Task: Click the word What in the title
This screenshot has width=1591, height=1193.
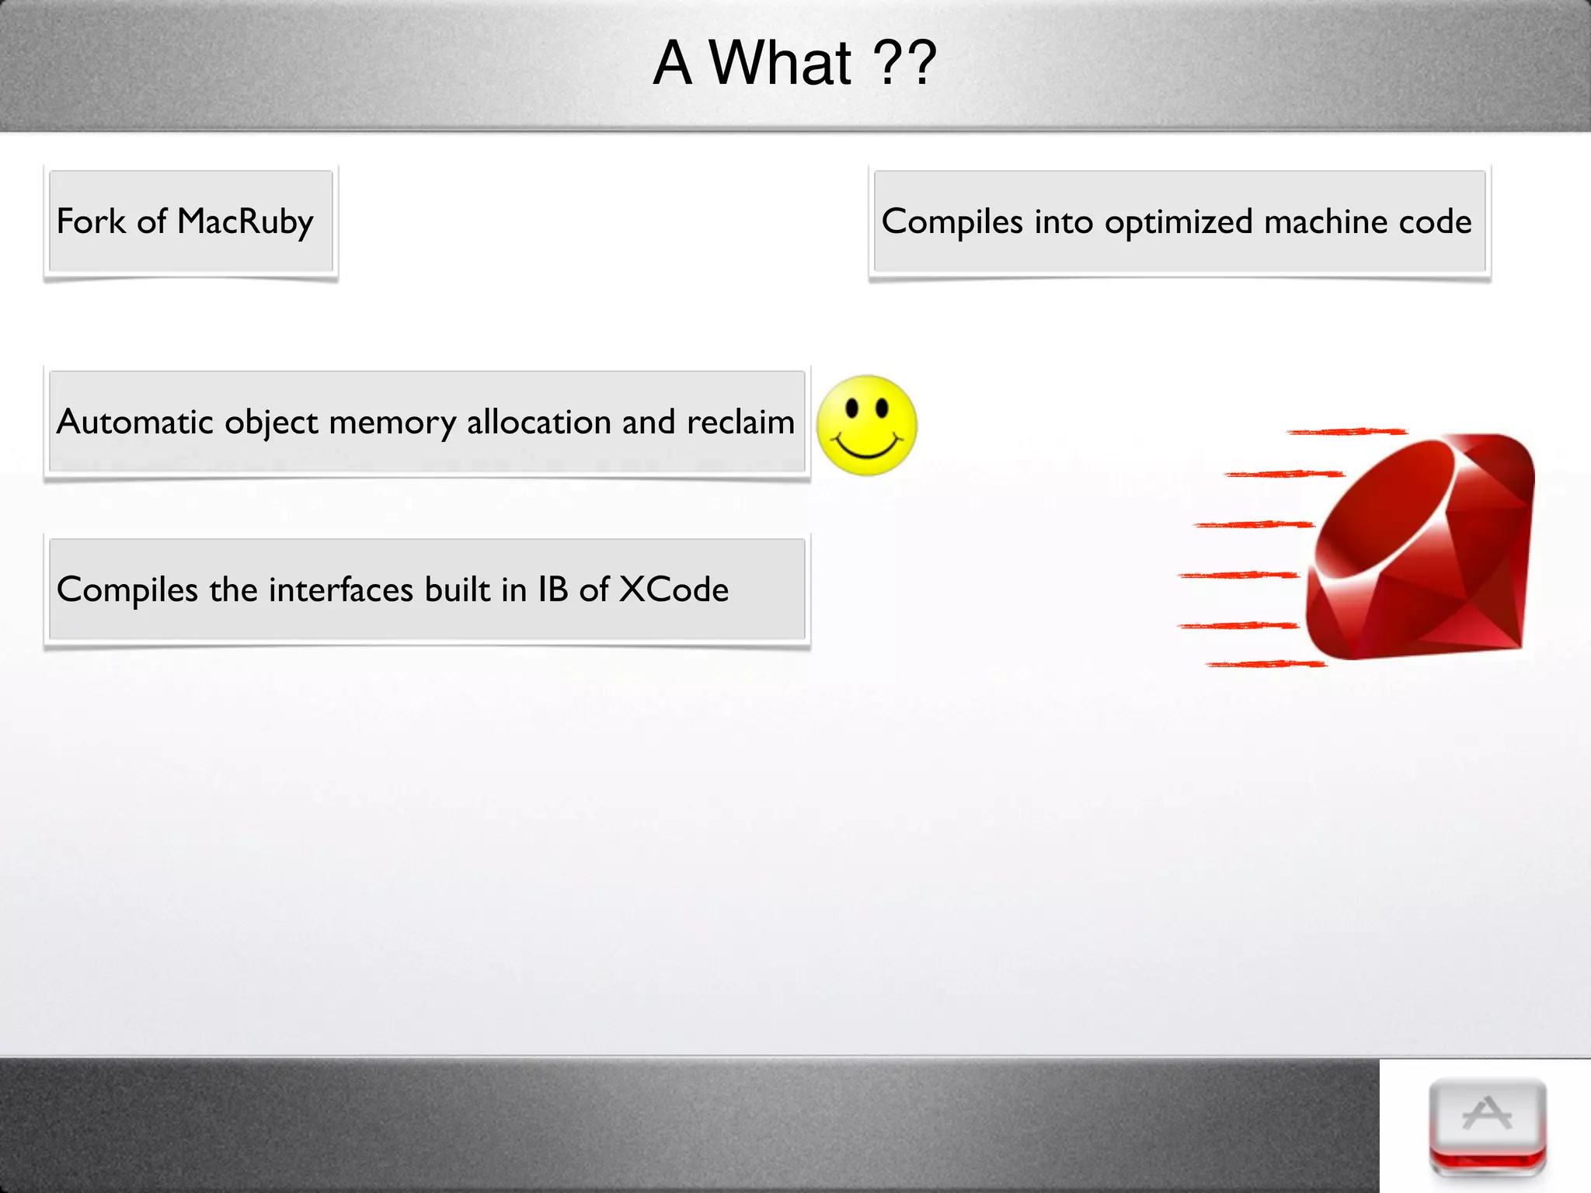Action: (780, 64)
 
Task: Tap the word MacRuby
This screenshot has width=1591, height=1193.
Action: (245, 222)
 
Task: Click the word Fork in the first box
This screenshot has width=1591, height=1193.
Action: (91, 221)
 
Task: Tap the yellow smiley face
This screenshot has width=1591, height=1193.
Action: (866, 426)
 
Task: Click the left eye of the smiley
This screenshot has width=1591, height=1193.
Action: (852, 407)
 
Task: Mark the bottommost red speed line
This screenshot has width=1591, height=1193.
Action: (1265, 664)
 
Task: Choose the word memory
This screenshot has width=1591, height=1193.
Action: (392, 423)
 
